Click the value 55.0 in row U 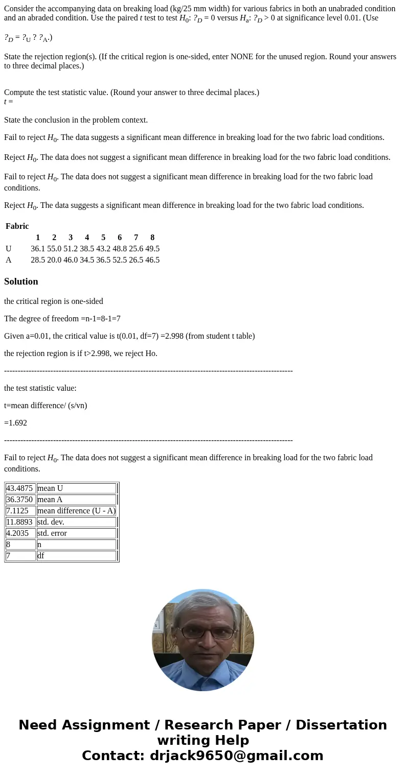point(54,249)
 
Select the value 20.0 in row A point(54,260)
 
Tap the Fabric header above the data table point(17,226)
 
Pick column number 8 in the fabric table point(152,238)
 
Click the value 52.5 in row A point(120,260)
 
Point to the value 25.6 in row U point(136,249)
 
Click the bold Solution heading point(21,281)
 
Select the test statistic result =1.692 point(15,423)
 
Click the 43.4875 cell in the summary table point(20,488)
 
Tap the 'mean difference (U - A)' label point(76,511)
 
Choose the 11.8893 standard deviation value point(20,522)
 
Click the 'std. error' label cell point(52,533)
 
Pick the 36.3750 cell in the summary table point(20,500)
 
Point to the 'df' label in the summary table point(41,556)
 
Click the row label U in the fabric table point(9,249)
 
